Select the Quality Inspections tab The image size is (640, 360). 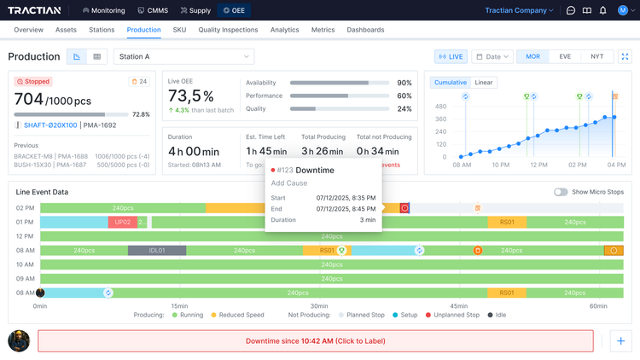tap(228, 30)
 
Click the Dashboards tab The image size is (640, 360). tap(365, 30)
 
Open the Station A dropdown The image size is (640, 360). tap(183, 57)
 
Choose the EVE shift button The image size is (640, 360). tap(565, 57)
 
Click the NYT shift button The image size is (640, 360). tap(596, 57)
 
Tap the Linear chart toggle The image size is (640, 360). tap(484, 83)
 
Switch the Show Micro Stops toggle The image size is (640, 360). tap(561, 192)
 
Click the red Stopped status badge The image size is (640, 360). tap(34, 83)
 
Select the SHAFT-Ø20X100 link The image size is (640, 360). tap(50, 125)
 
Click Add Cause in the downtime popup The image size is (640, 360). tap(289, 183)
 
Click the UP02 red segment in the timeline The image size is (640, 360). tap(122, 222)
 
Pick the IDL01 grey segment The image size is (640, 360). tap(156, 250)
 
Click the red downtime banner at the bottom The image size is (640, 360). tap(315, 341)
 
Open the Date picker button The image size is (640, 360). tap(492, 57)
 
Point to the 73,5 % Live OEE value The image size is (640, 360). tap(190, 96)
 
